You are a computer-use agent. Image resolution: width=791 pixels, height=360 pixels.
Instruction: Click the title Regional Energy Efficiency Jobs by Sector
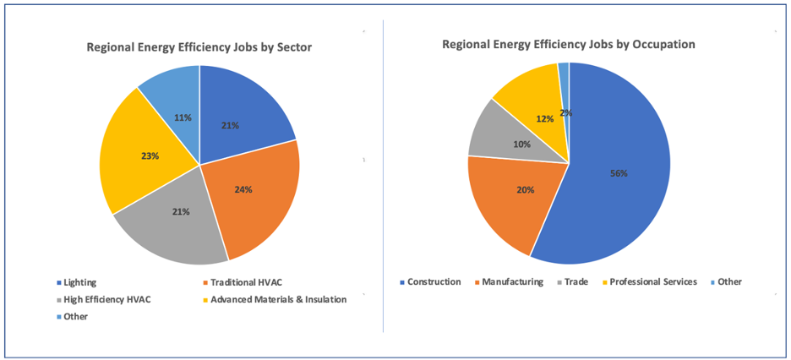click(199, 47)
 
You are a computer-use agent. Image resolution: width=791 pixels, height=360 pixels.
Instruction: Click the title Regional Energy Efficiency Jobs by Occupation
click(569, 45)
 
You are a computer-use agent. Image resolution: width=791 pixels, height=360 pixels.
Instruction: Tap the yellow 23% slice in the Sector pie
click(146, 151)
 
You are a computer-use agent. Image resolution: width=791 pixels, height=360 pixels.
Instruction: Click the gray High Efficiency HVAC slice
click(172, 222)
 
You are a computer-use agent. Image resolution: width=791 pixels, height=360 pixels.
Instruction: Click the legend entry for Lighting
click(79, 282)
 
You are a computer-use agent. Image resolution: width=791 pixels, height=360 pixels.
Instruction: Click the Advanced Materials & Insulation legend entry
click(275, 299)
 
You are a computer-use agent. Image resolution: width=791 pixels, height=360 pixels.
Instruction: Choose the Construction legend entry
click(430, 282)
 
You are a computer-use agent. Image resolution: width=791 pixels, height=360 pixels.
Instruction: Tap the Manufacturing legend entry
click(509, 282)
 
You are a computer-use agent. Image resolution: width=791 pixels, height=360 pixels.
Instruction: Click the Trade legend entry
click(572, 282)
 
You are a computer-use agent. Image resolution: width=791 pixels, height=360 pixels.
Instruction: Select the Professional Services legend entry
click(649, 282)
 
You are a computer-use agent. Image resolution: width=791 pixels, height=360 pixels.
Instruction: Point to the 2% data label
click(566, 113)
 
